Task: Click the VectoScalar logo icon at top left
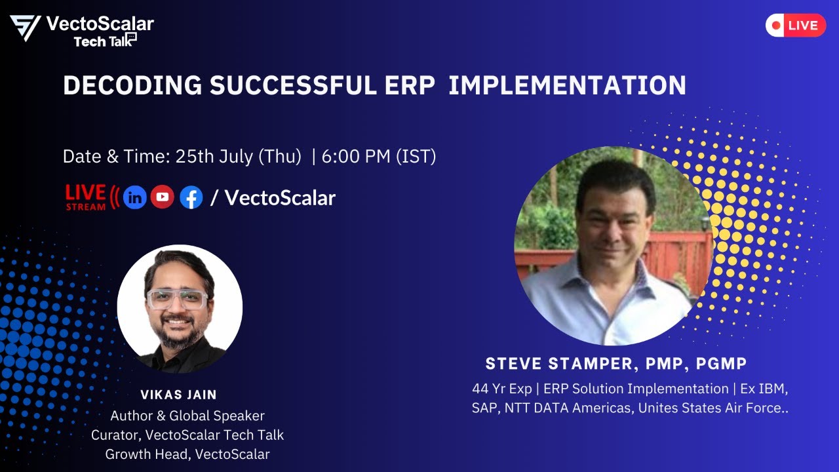pyautogui.click(x=25, y=28)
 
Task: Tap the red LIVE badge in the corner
pyautogui.click(x=795, y=26)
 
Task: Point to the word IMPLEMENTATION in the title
pyautogui.click(x=567, y=85)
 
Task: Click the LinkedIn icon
pyautogui.click(x=135, y=197)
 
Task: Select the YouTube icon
pyautogui.click(x=163, y=197)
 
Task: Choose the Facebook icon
pyautogui.click(x=191, y=197)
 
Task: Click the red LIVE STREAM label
pyautogui.click(x=86, y=197)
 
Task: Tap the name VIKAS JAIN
pyautogui.click(x=178, y=395)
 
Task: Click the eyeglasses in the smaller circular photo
pyautogui.click(x=176, y=300)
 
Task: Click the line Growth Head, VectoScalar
pyautogui.click(x=187, y=454)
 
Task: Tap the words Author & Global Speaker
pyautogui.click(x=187, y=416)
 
